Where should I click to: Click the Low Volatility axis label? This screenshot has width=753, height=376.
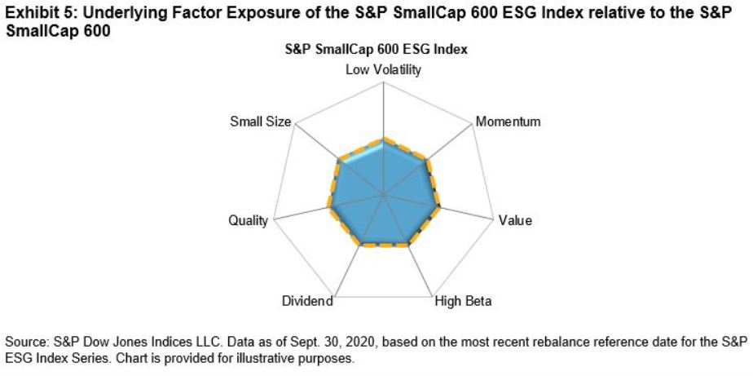(384, 69)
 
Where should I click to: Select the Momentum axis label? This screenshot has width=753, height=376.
(509, 122)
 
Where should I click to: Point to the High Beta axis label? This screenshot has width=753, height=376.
(464, 301)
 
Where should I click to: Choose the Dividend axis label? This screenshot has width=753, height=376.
(307, 301)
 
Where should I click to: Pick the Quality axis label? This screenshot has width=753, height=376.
(249, 221)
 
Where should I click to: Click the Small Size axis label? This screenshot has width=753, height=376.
(260, 122)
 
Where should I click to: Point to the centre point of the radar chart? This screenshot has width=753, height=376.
(384, 194)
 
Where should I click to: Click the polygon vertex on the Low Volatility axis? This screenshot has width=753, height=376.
(384, 141)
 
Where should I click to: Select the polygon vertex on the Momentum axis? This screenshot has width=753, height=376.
(426, 161)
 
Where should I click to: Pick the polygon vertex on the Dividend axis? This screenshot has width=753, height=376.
(359, 244)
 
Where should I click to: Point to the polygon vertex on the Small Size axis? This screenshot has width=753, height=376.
(340, 160)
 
